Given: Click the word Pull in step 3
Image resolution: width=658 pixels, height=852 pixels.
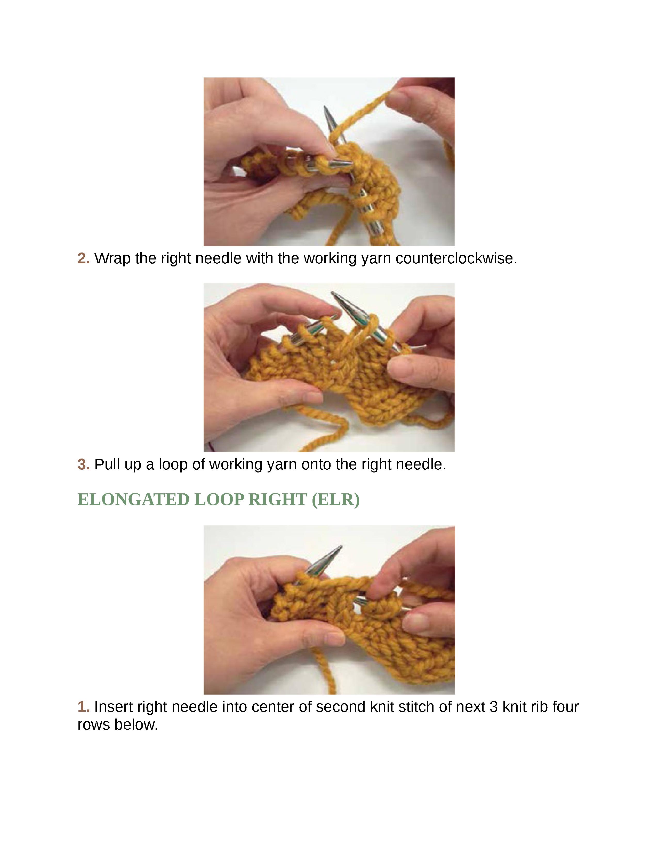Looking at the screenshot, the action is [x=107, y=464].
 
